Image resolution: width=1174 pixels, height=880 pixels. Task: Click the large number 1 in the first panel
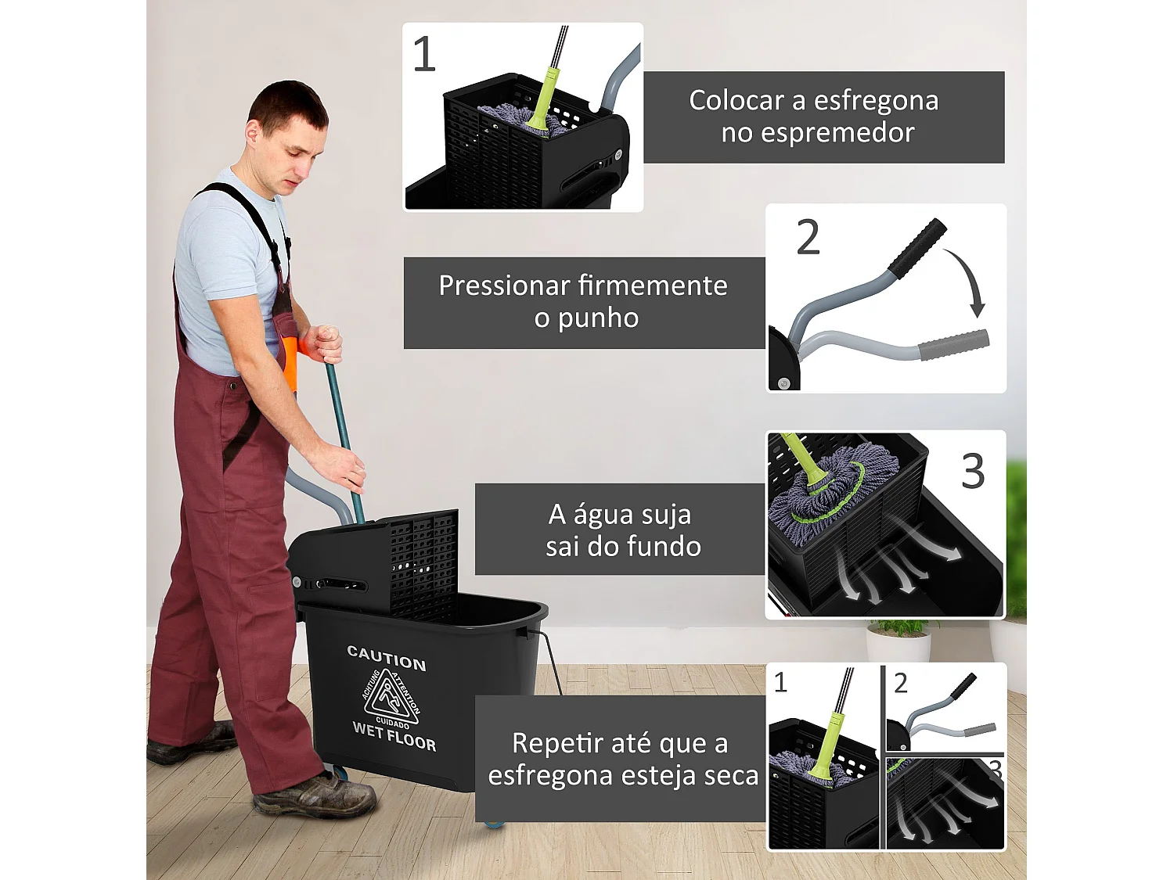tap(423, 55)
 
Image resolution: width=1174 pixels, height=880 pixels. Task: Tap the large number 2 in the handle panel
tap(808, 238)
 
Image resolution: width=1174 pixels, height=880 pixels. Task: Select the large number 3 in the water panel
tap(973, 472)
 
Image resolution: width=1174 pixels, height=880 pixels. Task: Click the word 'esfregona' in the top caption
tap(876, 101)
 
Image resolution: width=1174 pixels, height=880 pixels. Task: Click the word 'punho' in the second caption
tap(598, 318)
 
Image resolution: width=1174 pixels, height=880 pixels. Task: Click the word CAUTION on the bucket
tap(387, 658)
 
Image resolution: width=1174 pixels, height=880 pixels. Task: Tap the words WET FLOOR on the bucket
tap(394, 736)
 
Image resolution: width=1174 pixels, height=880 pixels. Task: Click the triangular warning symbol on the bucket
tap(389, 695)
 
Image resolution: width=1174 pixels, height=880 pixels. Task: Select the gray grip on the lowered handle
tap(953, 345)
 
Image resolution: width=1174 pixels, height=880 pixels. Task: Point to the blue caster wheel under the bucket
tap(493, 823)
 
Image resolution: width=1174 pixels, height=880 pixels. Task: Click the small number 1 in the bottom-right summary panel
tap(780, 683)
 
